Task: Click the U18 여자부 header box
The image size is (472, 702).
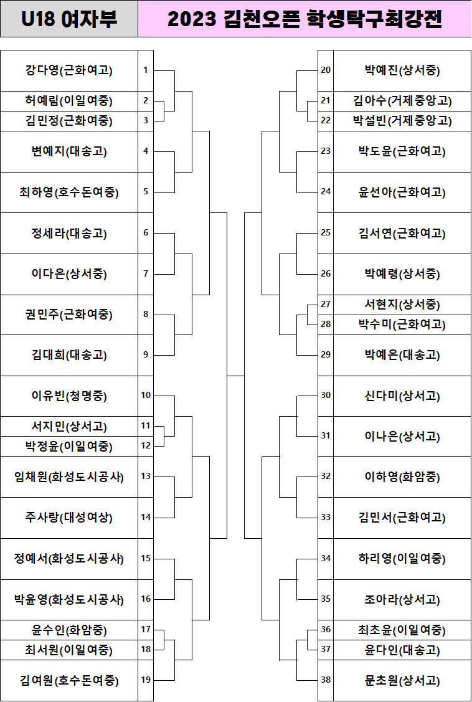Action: point(69,19)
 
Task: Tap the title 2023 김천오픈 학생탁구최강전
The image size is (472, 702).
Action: point(304,19)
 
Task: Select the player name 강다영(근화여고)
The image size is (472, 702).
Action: point(69,70)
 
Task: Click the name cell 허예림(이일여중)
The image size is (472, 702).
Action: point(69,101)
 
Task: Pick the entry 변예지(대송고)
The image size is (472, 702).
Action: point(69,151)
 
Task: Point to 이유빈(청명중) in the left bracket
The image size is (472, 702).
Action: point(69,396)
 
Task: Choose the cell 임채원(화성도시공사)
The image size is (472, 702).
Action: point(69,477)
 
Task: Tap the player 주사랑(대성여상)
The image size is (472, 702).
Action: point(69,518)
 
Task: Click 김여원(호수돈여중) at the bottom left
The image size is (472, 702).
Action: point(69,680)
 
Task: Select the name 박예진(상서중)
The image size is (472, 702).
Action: point(402,70)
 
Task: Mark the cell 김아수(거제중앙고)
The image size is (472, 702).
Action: point(402,101)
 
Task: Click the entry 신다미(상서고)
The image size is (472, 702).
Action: point(402,396)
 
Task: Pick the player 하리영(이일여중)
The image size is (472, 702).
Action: point(402,559)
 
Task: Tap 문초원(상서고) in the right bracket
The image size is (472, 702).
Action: point(402,680)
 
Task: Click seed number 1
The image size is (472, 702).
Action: point(146,70)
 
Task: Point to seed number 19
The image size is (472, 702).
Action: point(146,680)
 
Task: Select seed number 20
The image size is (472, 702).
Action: point(326,70)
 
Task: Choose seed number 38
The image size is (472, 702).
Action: point(326,680)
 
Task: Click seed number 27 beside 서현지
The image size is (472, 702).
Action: point(326,305)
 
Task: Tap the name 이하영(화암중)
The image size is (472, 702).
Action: point(402,477)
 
